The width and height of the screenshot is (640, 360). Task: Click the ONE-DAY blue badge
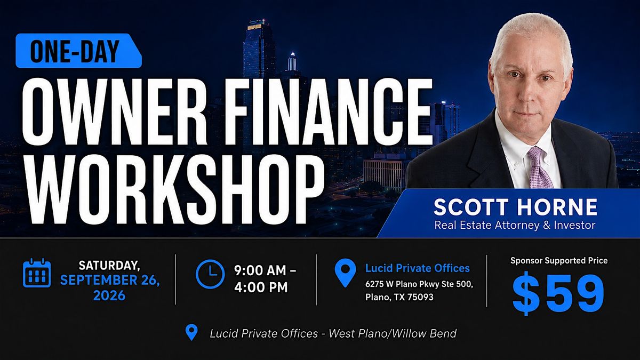(x=78, y=51)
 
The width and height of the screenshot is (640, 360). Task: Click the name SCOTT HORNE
(x=515, y=207)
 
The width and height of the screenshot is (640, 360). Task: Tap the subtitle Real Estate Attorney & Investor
(x=515, y=225)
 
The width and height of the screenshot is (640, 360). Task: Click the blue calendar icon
(x=37, y=273)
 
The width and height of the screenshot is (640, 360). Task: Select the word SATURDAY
(x=109, y=266)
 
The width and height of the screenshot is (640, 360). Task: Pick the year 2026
(x=109, y=295)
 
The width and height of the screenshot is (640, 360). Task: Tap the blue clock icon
(x=210, y=274)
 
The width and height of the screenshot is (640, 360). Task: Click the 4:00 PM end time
(x=261, y=287)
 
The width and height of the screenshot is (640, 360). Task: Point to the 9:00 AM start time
(x=260, y=270)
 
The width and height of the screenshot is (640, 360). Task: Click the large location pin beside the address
(x=345, y=273)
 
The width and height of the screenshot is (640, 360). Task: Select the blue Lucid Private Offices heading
(x=418, y=268)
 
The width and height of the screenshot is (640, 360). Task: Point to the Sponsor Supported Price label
(x=559, y=261)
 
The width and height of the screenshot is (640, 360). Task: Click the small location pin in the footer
(x=191, y=332)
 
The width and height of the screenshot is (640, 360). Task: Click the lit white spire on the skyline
(x=292, y=61)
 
